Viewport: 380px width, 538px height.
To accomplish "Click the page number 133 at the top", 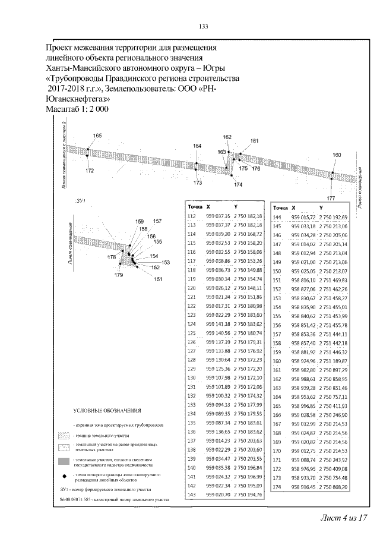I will click(202, 26).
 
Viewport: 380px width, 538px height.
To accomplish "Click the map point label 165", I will click(97, 136).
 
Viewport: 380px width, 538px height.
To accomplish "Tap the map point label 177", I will click(331, 197).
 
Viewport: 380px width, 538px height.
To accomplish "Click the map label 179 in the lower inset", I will click(119, 275).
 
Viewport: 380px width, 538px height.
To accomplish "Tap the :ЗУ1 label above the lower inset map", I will click(81, 202).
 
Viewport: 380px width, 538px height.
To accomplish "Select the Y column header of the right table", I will click(321, 208).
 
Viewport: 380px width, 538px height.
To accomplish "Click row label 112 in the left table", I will click(191, 216).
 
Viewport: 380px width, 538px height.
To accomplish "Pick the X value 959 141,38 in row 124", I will click(218, 324).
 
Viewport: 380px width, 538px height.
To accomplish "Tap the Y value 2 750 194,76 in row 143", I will click(248, 495).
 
